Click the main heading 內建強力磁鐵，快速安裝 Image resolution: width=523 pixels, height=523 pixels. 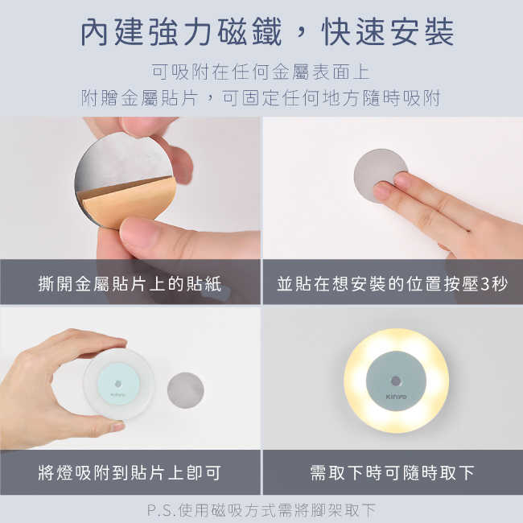point(267,31)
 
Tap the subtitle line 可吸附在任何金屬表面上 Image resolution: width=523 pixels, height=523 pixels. point(261,72)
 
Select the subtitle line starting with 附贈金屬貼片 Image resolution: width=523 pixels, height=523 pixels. point(261,98)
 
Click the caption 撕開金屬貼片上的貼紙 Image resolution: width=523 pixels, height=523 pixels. point(130,284)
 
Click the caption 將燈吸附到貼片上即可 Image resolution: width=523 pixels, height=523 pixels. point(130,472)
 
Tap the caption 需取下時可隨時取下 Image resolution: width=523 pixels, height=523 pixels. point(393,472)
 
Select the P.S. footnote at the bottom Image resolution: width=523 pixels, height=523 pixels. point(261,510)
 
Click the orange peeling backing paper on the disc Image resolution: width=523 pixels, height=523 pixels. point(129,201)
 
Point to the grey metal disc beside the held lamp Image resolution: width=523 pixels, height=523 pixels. point(185,390)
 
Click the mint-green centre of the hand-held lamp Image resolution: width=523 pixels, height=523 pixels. point(118,385)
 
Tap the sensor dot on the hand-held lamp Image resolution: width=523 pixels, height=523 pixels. point(118,384)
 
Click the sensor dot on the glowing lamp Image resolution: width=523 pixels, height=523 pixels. point(396,381)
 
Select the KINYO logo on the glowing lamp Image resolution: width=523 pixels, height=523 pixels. point(396,397)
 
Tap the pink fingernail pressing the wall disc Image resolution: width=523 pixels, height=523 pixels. point(381,190)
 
